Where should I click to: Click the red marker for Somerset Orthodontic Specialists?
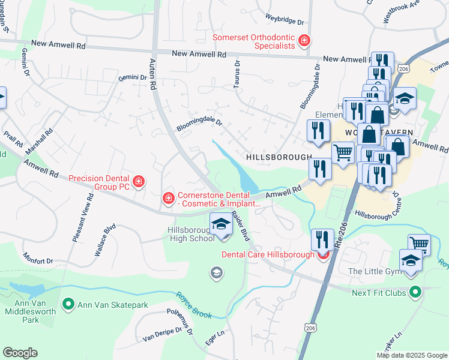pos(305,41)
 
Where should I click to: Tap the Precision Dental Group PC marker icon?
pos(139,181)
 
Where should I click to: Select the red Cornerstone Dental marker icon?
pos(169,197)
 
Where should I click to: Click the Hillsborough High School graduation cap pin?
pos(220,225)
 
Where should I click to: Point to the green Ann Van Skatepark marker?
pos(68,305)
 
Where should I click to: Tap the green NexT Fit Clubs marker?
pos(414,292)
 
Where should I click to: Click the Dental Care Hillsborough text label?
pos(268,254)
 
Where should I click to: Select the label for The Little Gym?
pos(372,271)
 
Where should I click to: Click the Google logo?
pos(20,352)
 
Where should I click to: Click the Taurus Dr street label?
pos(237,71)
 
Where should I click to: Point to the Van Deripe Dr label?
pos(161,334)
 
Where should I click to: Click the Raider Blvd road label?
pos(240,227)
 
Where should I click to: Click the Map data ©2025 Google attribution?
pos(411,355)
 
